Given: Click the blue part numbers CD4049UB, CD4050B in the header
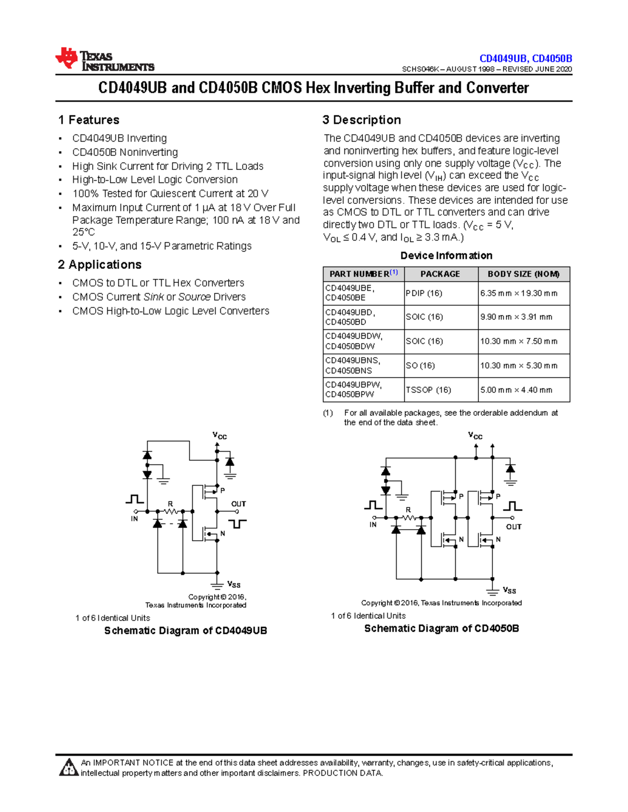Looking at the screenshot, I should click(525, 59).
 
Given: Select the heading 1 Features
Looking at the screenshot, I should click(89, 120).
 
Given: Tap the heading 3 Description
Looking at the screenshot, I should click(362, 120).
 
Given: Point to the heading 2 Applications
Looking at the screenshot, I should click(100, 265).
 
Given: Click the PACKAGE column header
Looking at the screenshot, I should click(440, 274).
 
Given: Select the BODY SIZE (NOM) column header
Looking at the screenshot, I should click(523, 274).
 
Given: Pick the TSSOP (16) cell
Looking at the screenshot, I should click(428, 390).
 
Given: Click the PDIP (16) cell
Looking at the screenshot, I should click(424, 293).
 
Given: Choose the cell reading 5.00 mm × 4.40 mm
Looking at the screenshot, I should click(516, 390).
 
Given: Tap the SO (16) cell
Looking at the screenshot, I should click(420, 365).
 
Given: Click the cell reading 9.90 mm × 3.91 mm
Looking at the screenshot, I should click(516, 317).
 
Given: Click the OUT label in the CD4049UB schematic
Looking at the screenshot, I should click(239, 504).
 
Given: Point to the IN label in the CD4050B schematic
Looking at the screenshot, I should click(373, 524).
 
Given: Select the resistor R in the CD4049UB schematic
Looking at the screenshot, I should click(171, 511).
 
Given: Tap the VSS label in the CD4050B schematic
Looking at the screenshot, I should click(509, 590).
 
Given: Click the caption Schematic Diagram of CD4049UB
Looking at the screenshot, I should click(186, 631).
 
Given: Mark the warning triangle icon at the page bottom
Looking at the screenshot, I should click(69, 768).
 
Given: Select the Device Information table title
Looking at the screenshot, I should click(446, 256).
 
